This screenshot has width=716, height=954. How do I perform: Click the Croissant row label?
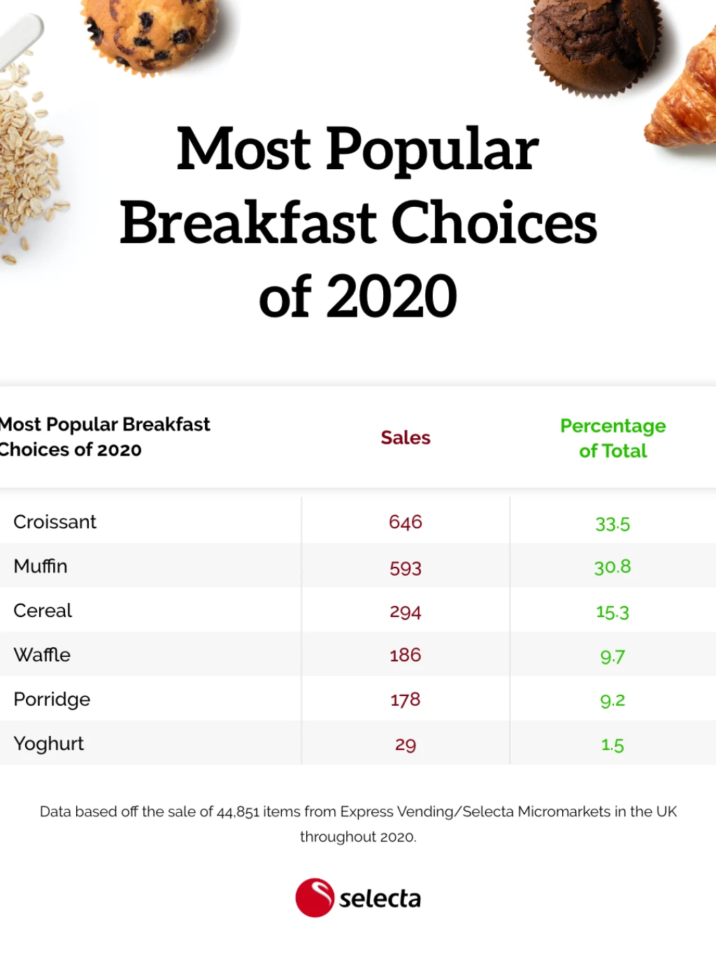pyautogui.click(x=55, y=522)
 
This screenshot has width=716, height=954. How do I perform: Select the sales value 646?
pyautogui.click(x=406, y=522)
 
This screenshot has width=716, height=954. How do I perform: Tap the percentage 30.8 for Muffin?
pyautogui.click(x=613, y=567)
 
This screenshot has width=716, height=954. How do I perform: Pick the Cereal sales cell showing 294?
pyautogui.click(x=406, y=612)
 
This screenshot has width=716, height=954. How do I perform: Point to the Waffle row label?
pyautogui.click(x=42, y=655)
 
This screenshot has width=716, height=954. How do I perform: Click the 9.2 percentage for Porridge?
pyautogui.click(x=613, y=700)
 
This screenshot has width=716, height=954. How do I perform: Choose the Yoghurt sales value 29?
pyautogui.click(x=406, y=744)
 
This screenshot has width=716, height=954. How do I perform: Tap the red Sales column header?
pyautogui.click(x=406, y=438)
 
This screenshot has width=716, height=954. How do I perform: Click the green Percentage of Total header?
pyautogui.click(x=613, y=438)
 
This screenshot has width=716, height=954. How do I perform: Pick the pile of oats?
pyautogui.click(x=28, y=161)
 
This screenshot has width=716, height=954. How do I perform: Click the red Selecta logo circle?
pyautogui.click(x=315, y=897)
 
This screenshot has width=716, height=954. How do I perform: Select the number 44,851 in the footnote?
pyautogui.click(x=238, y=812)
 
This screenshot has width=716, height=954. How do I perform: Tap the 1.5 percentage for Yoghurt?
pyautogui.click(x=613, y=745)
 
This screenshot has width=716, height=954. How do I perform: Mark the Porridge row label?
pyautogui.click(x=52, y=700)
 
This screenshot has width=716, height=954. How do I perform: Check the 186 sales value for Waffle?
pyautogui.click(x=406, y=656)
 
